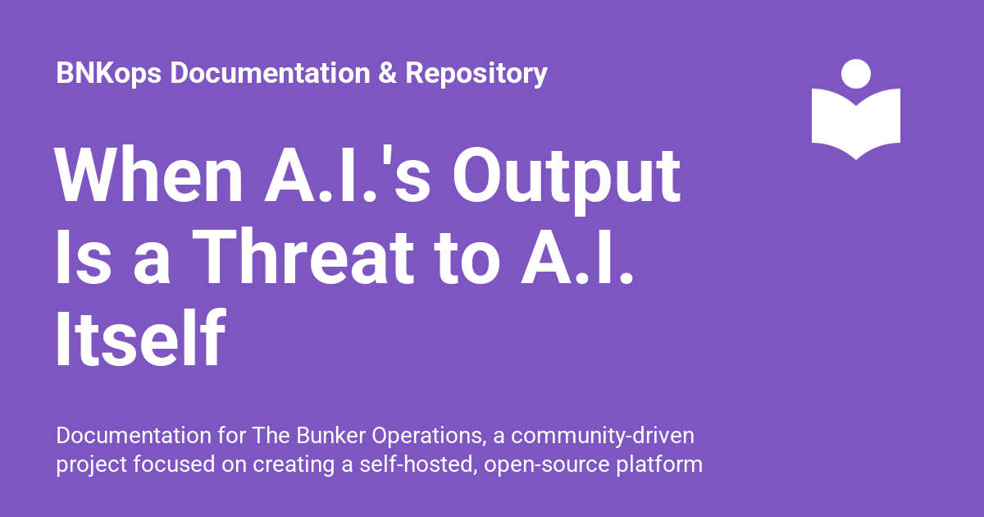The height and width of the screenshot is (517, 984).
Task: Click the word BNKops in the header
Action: (109, 73)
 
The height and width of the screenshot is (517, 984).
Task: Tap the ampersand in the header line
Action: (387, 72)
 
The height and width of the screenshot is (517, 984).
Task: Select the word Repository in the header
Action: (476, 73)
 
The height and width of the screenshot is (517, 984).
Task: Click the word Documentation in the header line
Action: (270, 72)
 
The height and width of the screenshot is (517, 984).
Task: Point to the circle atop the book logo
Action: (856, 74)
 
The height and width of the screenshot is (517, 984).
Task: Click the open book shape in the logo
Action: (856, 124)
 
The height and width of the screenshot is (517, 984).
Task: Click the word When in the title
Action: (148, 175)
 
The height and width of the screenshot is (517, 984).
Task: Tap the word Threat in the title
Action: (303, 256)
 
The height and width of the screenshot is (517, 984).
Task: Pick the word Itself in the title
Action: (140, 337)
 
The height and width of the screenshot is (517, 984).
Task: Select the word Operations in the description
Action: (429, 437)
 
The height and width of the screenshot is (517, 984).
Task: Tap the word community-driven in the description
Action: (603, 437)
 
